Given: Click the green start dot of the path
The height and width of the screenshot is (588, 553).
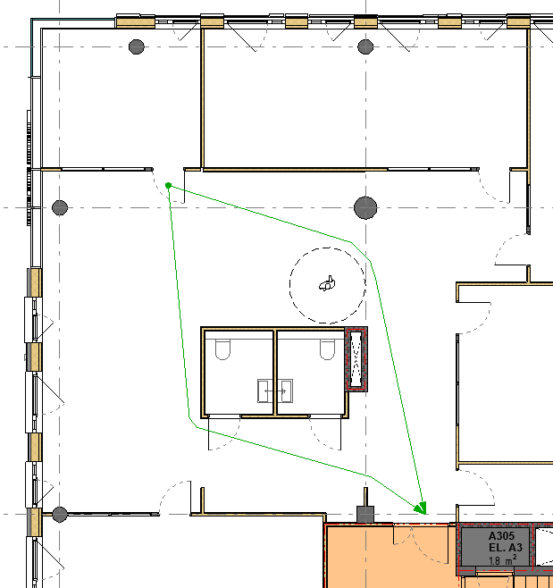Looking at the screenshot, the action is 168,185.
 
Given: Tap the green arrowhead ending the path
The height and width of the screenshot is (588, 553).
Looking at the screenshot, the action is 421,508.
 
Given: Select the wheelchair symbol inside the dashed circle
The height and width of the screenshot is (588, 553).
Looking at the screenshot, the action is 327,284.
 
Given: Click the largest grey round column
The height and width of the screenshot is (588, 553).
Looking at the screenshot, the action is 365,207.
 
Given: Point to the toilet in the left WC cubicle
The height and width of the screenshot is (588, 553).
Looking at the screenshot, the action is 222,349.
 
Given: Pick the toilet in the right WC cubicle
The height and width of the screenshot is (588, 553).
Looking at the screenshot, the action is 327,349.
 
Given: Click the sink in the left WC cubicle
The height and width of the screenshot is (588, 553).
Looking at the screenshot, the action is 265,391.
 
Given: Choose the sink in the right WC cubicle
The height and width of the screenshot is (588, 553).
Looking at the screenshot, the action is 285,391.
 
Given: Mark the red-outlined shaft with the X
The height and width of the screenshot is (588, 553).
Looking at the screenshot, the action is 356,359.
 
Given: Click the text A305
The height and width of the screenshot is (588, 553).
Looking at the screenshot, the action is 502,536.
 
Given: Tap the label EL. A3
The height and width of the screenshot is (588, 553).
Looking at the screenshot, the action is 506,547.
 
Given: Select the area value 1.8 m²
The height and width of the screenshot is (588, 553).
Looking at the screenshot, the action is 503,559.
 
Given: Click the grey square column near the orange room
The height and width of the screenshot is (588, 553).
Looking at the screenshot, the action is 364,515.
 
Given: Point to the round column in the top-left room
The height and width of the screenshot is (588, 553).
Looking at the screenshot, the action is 137,46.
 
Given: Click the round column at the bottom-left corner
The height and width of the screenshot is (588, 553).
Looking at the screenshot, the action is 60,514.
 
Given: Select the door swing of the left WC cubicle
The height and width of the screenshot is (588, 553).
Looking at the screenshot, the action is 224,433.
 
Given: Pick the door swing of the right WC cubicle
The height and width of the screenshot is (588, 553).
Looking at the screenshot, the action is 325,433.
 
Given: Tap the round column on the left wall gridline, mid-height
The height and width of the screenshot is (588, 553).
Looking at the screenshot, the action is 60,207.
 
